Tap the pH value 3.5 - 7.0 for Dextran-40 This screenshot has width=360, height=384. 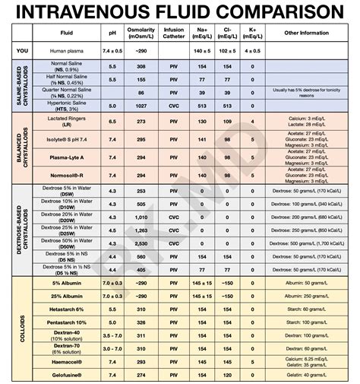[112, 335]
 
